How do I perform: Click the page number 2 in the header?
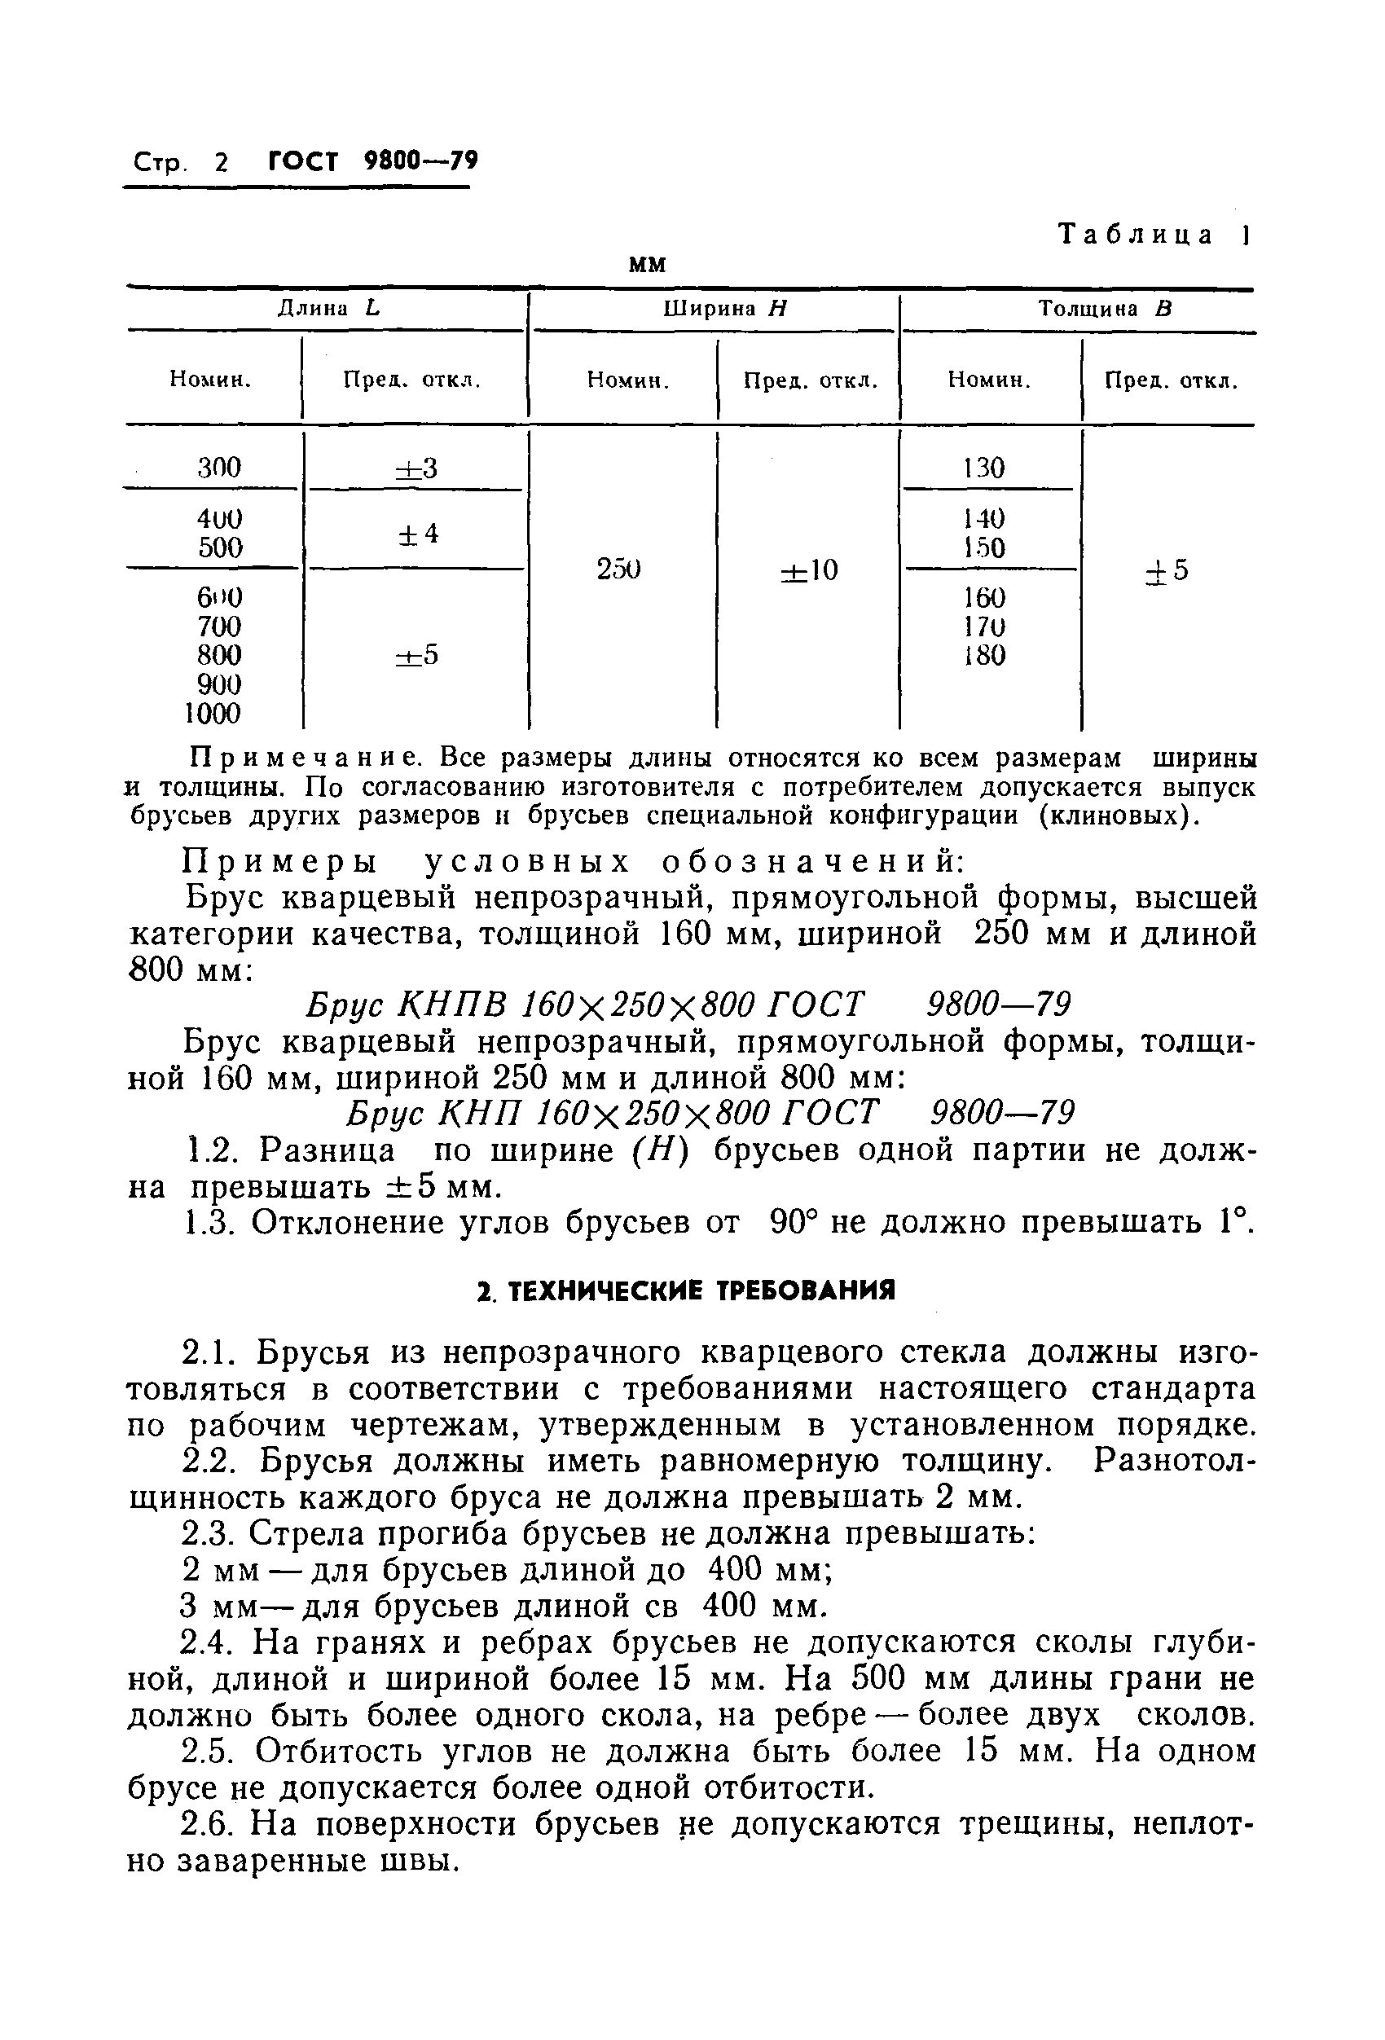point(219,163)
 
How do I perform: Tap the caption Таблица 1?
point(1154,235)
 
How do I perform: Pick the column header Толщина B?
point(1105,309)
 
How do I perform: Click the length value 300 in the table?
point(218,467)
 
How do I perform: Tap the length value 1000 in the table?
point(213,714)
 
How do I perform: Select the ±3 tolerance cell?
point(416,468)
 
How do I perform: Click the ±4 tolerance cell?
point(418,534)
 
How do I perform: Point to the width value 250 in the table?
point(619,569)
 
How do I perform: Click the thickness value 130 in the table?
point(984,467)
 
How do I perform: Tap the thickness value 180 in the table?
point(984,656)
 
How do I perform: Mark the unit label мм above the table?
point(648,264)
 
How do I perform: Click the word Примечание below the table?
point(307,757)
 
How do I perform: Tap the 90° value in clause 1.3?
point(794,1222)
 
